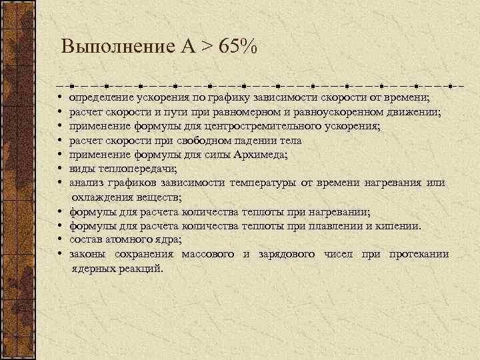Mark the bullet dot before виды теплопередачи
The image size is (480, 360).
[x=60, y=169]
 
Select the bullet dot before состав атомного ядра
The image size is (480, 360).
[x=60, y=240]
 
